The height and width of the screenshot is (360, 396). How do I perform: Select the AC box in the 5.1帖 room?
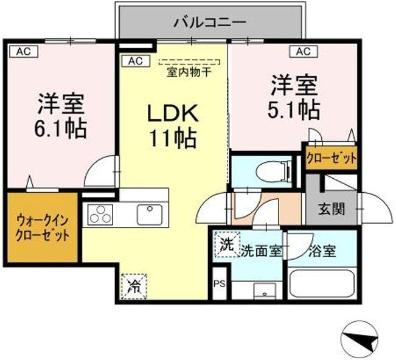click(298, 49)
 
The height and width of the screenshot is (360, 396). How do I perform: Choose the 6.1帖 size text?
click(60, 128)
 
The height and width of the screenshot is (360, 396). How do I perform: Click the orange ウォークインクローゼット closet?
click(43, 231)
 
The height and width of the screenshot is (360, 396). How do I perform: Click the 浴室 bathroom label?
click(322, 251)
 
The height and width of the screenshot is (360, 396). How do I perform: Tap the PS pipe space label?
click(220, 283)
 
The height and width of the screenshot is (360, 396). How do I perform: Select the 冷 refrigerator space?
click(133, 285)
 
